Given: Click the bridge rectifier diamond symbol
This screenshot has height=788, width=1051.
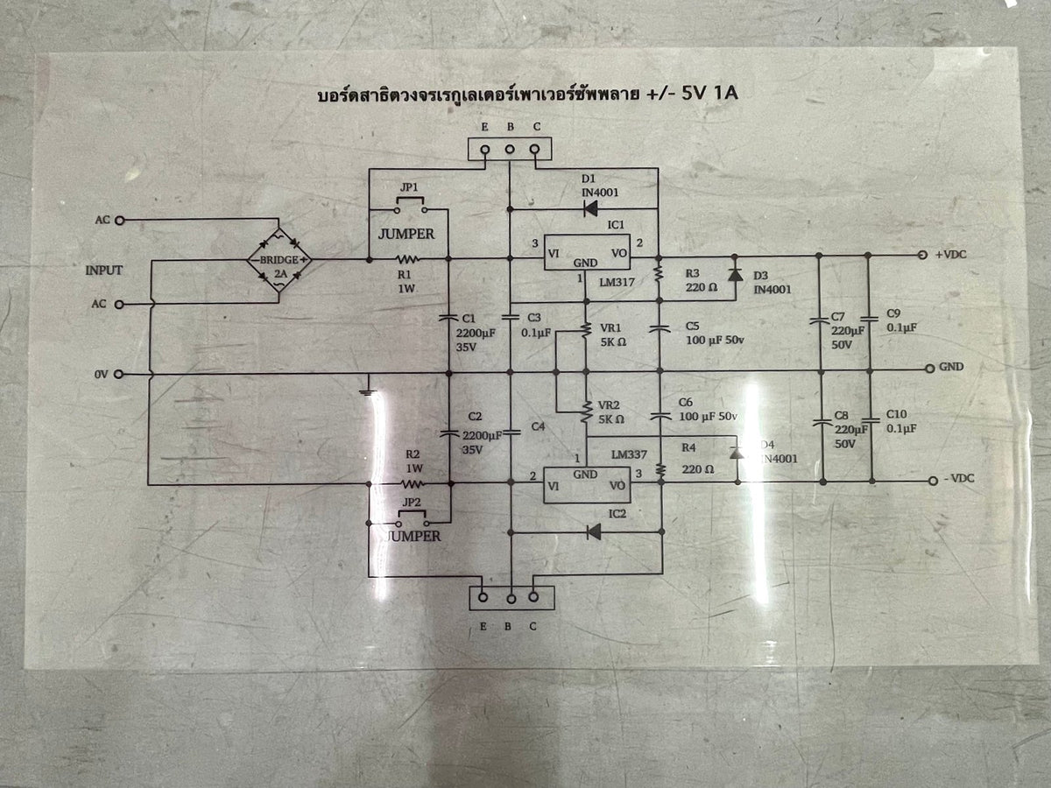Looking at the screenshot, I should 279,260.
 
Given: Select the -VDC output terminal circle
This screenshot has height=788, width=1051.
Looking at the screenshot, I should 934,481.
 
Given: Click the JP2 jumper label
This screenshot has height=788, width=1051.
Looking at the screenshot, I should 409,502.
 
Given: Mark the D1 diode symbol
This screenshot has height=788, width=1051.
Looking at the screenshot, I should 590,208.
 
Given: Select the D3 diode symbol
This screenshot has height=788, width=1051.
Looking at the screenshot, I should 734,273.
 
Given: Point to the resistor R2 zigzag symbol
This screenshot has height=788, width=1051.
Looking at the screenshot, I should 413,482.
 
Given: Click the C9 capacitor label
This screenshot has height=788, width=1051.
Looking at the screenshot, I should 893,313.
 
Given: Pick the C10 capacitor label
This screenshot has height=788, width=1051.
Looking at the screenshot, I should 895,414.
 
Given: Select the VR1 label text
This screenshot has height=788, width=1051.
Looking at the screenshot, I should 610,328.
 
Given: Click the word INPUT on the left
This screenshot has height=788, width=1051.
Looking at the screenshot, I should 103,271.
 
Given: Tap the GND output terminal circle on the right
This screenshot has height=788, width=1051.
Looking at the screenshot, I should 930,368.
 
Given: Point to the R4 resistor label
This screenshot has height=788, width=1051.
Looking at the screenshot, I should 690,447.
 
